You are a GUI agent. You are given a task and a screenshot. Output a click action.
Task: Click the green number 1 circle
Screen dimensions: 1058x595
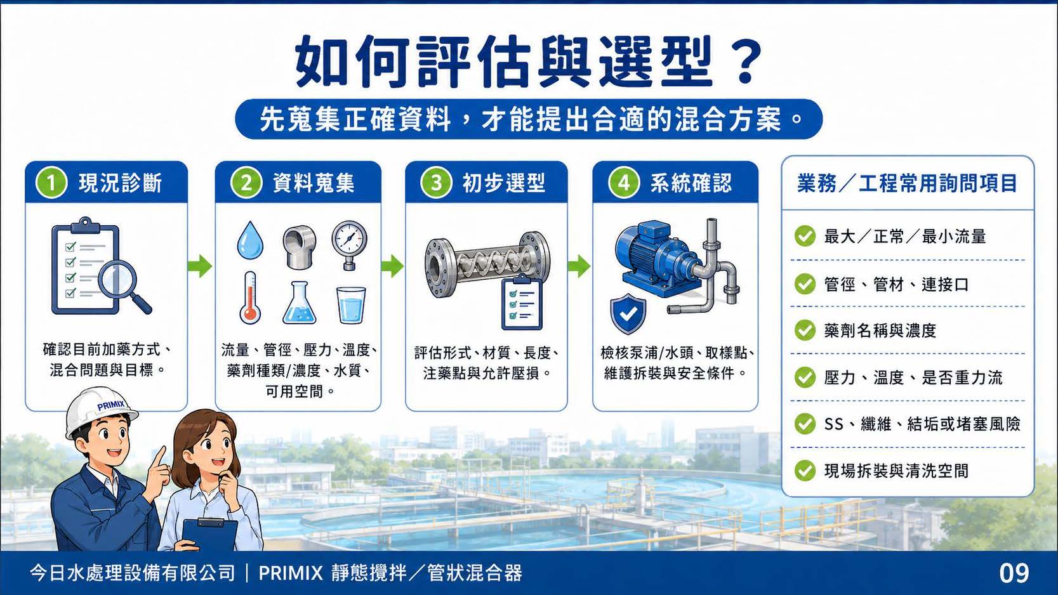[x=51, y=183]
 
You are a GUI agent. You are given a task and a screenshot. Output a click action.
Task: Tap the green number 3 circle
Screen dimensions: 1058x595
[x=437, y=183]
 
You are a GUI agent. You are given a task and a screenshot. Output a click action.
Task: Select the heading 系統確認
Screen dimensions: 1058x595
[x=691, y=183]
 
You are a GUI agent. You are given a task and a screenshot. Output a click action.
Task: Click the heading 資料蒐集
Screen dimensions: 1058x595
[x=314, y=183]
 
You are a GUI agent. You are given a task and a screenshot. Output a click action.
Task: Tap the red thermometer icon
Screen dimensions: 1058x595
[x=250, y=297]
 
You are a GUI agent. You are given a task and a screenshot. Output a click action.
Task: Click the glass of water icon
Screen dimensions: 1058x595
[x=351, y=305]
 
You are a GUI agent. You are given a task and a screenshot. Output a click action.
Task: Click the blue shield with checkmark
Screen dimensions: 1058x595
[x=628, y=313]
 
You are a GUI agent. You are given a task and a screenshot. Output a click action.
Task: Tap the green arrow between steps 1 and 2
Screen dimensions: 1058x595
[x=201, y=266]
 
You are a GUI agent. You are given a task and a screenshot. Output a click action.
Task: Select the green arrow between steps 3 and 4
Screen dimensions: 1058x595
[x=579, y=266]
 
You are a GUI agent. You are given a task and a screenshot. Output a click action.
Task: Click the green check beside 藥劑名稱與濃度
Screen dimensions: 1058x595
[x=805, y=330]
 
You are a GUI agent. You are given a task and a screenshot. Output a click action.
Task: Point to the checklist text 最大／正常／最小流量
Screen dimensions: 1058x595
[x=905, y=237]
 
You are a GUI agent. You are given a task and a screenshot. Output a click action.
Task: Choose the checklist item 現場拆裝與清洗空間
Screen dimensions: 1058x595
[x=896, y=471]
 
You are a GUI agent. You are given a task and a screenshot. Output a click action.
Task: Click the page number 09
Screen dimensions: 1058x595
[x=1014, y=573]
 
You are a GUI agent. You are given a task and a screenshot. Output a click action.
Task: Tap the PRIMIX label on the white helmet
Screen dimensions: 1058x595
[x=112, y=405]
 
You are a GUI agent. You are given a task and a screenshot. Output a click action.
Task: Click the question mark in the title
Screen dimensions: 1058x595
[x=742, y=62]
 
